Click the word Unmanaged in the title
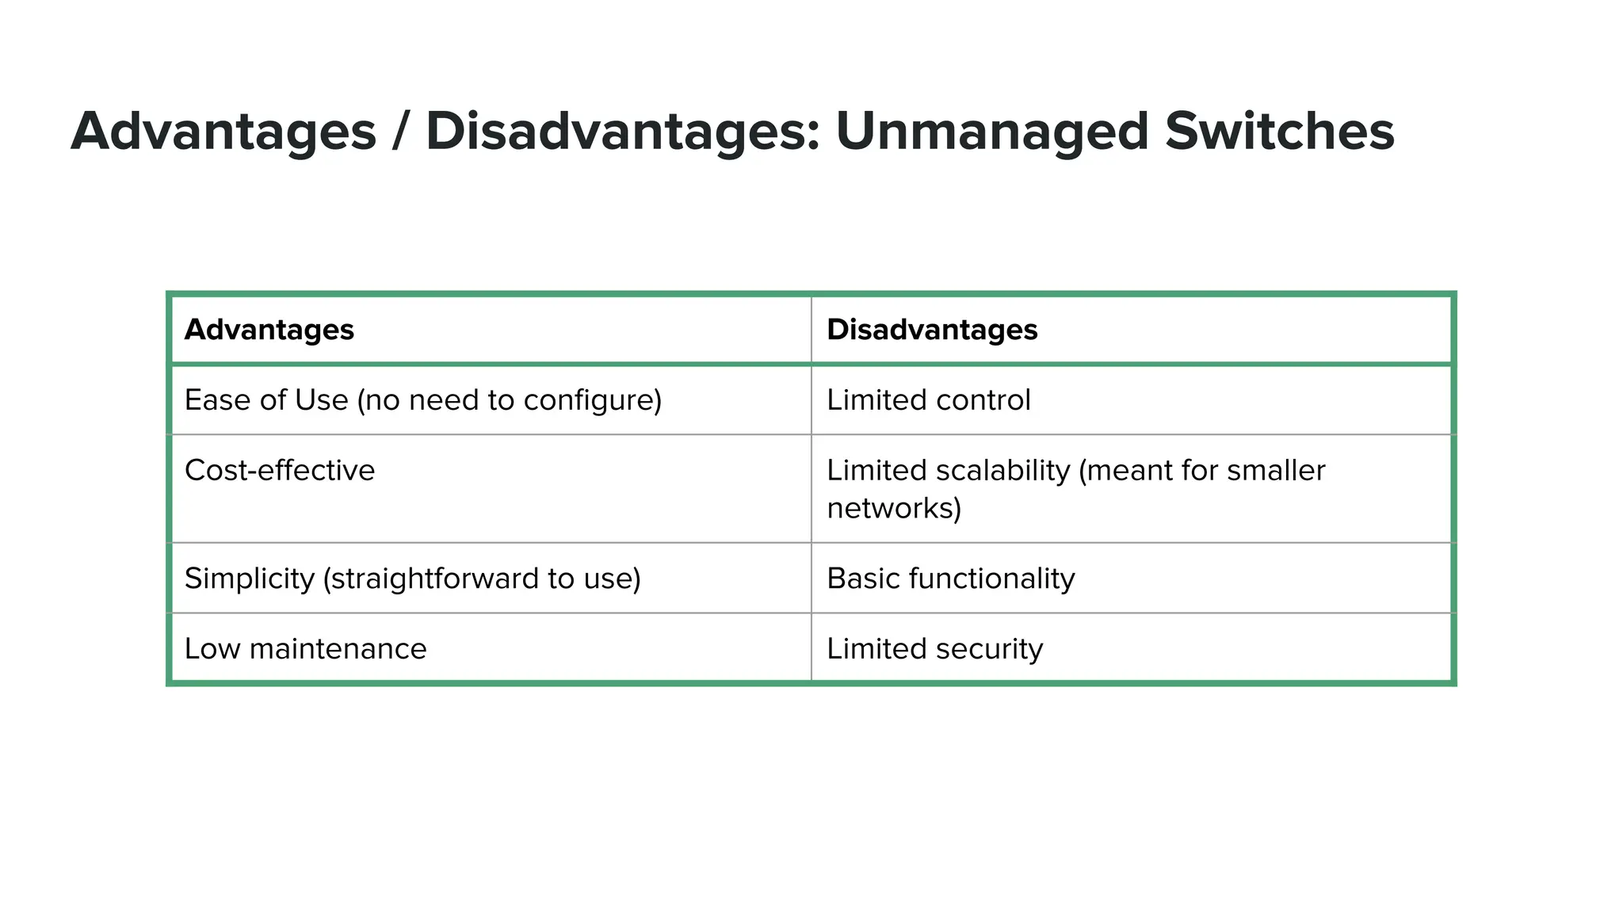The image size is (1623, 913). [991, 132]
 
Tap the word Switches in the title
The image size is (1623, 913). [1279, 132]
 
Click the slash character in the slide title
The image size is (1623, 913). [401, 132]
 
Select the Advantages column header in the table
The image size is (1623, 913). [269, 330]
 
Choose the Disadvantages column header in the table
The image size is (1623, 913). [932, 330]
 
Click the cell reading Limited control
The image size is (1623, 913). [929, 400]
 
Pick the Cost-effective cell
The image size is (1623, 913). [280, 471]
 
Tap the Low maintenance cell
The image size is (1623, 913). [305, 649]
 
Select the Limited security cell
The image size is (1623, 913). [935, 649]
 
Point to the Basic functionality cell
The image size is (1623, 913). [951, 579]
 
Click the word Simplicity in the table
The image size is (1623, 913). [250, 579]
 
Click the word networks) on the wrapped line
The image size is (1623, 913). [894, 508]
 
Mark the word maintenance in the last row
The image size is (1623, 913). [338, 649]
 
